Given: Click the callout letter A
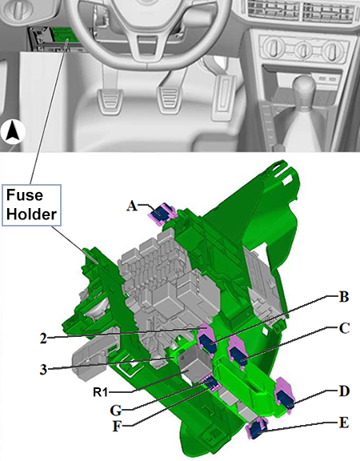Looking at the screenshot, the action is (x=132, y=206).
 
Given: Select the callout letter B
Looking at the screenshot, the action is (x=344, y=297).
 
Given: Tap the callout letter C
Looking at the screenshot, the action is (x=344, y=328).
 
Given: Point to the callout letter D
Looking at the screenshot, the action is (x=344, y=391).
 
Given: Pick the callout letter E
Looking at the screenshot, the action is (x=344, y=423).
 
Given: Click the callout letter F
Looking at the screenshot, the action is (x=117, y=427).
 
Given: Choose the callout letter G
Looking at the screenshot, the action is (x=116, y=411).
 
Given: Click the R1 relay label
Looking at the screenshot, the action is (x=101, y=392).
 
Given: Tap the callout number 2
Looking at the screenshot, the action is (x=43, y=339).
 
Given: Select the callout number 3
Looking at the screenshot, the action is (x=43, y=370).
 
